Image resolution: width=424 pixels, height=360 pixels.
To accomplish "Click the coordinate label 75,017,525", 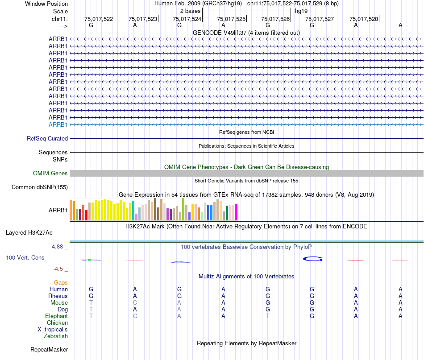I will (x=231, y=19).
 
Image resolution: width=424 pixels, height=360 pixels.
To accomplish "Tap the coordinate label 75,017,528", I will (x=364, y=19).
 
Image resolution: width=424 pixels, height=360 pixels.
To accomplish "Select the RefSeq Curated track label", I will (x=47, y=139).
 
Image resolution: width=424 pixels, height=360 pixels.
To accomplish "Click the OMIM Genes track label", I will (x=50, y=174).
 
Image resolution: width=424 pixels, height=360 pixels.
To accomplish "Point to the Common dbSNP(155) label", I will (x=40, y=187).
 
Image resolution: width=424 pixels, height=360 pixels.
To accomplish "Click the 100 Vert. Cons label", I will (x=25, y=258).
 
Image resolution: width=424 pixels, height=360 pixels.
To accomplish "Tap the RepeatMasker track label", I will (x=49, y=349).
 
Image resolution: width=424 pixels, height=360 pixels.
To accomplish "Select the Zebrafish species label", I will (x=56, y=336).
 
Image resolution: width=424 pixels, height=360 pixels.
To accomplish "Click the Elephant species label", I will (x=57, y=316).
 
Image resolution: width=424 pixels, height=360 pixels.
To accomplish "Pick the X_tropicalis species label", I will (x=53, y=329).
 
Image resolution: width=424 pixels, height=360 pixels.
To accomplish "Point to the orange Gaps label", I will (x=61, y=282).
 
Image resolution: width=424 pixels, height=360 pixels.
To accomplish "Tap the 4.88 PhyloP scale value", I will (x=59, y=246).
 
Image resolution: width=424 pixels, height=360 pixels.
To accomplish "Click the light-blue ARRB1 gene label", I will (x=58, y=124).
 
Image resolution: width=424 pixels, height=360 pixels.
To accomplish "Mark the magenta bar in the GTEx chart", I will (x=237, y=211).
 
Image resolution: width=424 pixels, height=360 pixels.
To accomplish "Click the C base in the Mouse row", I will (x=135, y=302).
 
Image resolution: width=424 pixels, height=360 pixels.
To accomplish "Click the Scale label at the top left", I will (x=60, y=11).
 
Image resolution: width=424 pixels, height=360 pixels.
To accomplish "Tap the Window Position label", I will (x=46, y=4).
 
